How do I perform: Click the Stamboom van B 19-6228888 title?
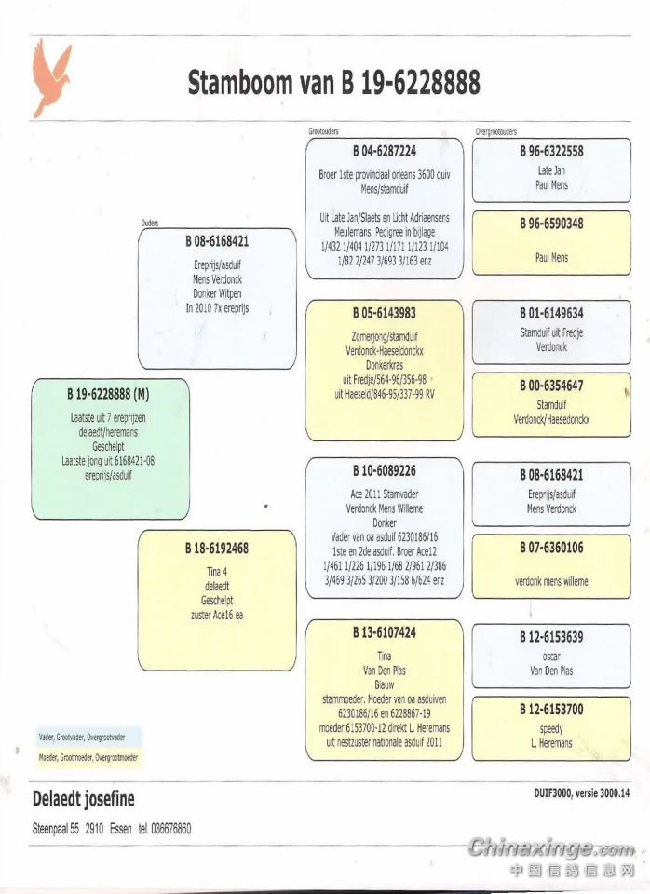coord(333,83)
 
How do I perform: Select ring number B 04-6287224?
coord(384,151)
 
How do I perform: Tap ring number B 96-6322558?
coord(551,152)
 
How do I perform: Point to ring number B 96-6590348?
coord(551,223)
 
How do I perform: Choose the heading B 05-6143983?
coord(384,313)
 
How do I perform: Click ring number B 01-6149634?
coord(551,313)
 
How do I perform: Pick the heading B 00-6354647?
coord(551,386)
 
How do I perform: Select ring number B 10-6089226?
coord(384,471)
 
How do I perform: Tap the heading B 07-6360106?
coord(551,548)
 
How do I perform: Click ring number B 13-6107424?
coord(384,632)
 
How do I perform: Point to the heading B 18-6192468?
coord(216,549)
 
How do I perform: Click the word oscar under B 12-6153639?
coord(551,655)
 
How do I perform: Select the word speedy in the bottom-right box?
coord(551,728)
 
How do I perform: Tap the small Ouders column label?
coord(149,223)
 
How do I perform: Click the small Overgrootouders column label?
coord(495,132)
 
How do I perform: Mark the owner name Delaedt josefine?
coord(84,799)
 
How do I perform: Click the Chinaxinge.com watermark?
coord(551,849)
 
